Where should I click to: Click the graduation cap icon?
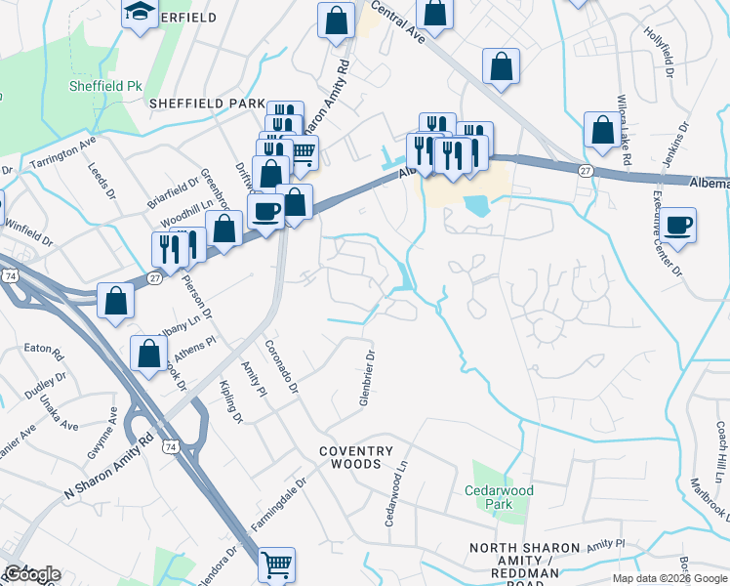[x=140, y=13]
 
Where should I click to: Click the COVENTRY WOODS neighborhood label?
[x=355, y=457]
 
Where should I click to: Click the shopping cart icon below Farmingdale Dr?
[x=277, y=564]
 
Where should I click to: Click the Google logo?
[x=31, y=574]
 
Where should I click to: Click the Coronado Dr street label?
[x=280, y=367]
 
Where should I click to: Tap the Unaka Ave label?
[x=65, y=413]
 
